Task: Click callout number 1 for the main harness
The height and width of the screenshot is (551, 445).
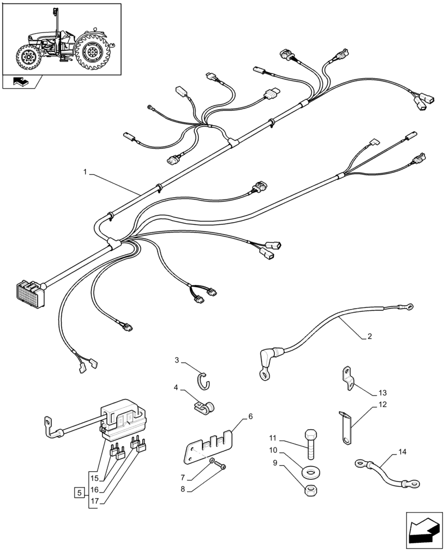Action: (x=85, y=172)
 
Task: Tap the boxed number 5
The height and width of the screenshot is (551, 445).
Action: (x=80, y=491)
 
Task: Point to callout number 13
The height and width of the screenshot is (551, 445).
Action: (x=382, y=393)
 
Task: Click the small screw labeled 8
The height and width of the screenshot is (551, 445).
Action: (x=223, y=467)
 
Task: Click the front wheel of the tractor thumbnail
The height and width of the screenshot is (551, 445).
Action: (x=27, y=57)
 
